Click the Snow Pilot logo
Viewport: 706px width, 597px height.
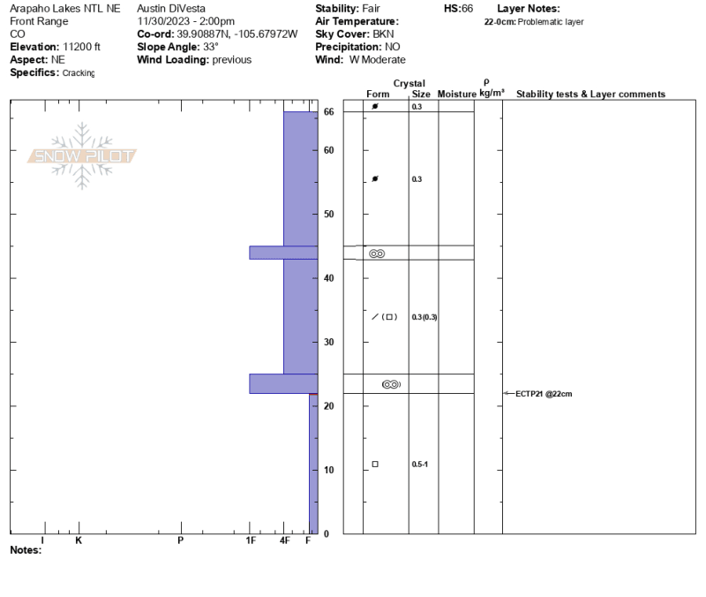coord(82,156)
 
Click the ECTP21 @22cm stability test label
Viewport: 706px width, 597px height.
coord(544,394)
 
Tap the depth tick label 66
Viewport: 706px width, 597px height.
coord(328,112)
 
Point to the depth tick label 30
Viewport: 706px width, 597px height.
coord(328,343)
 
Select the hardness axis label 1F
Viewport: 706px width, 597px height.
coord(251,540)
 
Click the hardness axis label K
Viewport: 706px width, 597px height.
coord(79,540)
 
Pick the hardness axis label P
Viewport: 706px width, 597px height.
coord(181,540)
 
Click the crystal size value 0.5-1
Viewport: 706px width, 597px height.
coord(420,464)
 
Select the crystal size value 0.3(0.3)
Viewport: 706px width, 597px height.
coord(424,317)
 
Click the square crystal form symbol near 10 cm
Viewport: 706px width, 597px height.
coord(375,464)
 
